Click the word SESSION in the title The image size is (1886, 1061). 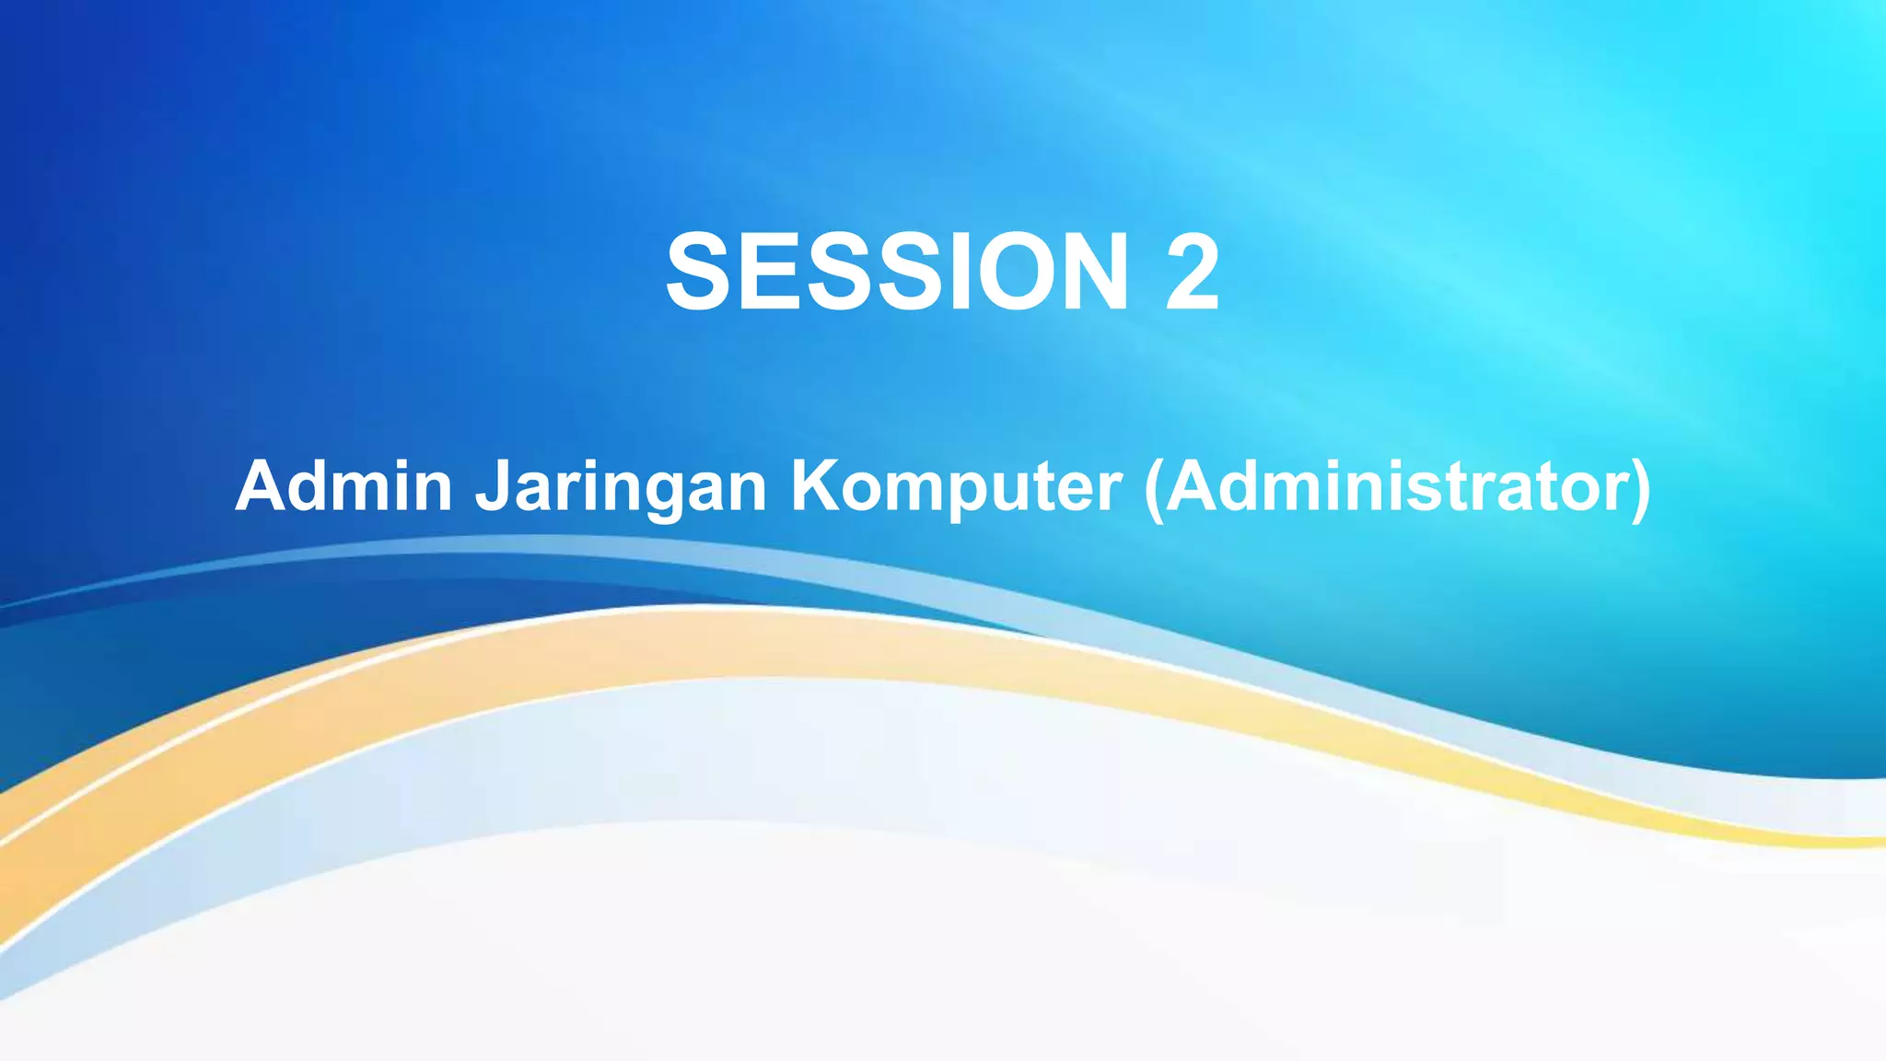(x=897, y=272)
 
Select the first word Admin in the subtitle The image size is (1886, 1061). (x=343, y=485)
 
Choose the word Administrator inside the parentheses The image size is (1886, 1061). (x=1399, y=485)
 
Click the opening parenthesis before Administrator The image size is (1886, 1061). (x=1153, y=488)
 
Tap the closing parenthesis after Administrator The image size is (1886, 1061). (x=1642, y=488)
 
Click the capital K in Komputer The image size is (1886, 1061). (x=813, y=485)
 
